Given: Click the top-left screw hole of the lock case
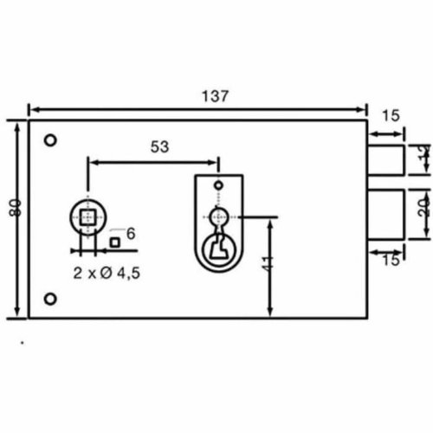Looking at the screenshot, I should coord(52,140).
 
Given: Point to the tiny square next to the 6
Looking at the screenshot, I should coord(114,242).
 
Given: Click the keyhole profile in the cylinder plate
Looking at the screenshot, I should coord(217,248).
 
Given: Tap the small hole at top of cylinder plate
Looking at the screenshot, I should coord(219,184).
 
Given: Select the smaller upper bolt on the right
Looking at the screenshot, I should coord(386,160).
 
